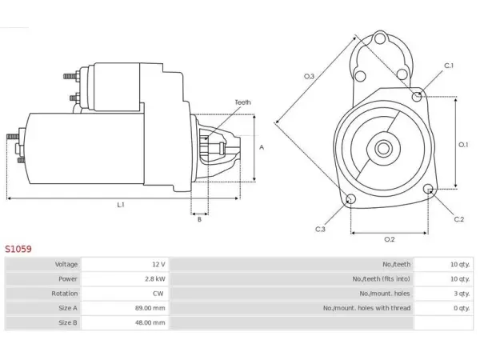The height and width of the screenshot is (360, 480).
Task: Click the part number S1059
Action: point(18,249)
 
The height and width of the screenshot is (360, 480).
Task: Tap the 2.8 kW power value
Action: point(155,279)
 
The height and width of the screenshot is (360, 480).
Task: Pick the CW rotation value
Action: point(158,294)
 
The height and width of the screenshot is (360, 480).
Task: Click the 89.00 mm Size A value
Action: point(150,308)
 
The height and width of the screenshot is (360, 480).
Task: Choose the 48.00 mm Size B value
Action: point(150,322)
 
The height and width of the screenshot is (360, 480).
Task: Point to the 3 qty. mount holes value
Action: point(462,294)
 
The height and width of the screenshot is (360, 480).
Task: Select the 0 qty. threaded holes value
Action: point(462,308)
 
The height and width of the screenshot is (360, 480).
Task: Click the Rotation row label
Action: point(64,294)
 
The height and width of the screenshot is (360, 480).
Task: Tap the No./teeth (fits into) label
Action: point(381,279)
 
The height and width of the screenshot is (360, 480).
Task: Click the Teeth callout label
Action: point(242,102)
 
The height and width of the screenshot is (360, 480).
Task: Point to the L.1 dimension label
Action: point(121,205)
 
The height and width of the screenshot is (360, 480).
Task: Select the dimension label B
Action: point(199,219)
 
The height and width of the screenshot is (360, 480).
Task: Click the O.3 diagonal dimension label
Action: point(309,76)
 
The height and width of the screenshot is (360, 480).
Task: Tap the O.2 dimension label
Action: point(390,239)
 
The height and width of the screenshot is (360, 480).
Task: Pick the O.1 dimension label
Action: point(463,145)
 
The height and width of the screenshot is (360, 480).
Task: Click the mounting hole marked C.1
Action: point(417,97)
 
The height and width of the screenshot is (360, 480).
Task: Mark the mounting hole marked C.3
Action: point(350,199)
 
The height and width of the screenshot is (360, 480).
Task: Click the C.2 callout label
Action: point(459,219)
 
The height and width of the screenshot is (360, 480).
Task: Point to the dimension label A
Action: point(262,147)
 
